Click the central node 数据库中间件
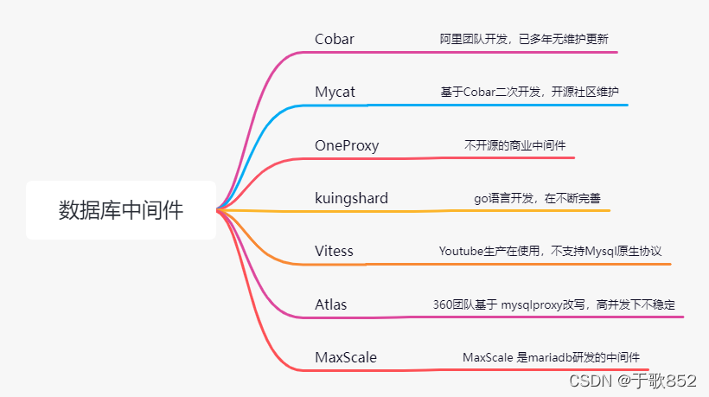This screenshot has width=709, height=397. [x=121, y=210]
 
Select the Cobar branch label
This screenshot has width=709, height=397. [x=335, y=39]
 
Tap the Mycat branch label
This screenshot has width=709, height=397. [x=335, y=91]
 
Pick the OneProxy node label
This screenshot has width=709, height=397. [x=347, y=145]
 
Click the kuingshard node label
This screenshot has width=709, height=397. [x=351, y=198]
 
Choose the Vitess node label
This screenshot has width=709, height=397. [x=334, y=251]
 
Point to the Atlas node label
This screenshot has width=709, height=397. [x=331, y=304]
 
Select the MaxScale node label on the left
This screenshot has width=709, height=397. [x=346, y=356]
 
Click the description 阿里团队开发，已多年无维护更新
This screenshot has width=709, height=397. [x=527, y=39]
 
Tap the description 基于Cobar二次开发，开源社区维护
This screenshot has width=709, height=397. [x=529, y=92]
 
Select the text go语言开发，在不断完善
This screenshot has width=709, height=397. [x=537, y=198]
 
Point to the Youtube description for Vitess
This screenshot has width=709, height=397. [x=550, y=251]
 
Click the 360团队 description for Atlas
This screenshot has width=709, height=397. [x=554, y=304]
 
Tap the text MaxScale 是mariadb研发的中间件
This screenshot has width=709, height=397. [x=551, y=356]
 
